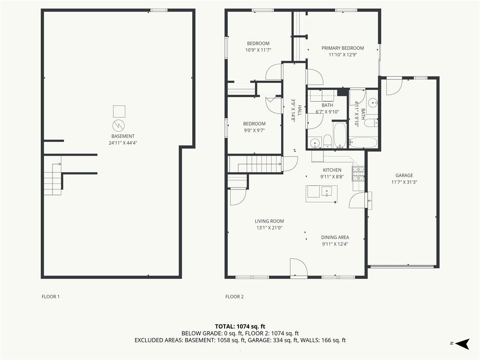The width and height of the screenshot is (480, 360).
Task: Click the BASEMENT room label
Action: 123,136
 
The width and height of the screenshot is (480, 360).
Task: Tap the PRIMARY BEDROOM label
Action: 343,48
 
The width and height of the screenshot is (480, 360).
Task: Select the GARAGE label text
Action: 404,175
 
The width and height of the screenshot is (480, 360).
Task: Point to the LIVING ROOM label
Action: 270,221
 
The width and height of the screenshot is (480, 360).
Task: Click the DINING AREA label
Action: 335,237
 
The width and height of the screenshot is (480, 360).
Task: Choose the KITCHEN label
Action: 332,170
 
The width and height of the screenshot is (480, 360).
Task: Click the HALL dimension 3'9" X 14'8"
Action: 293,111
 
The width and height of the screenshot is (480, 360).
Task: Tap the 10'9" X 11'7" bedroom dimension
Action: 258,50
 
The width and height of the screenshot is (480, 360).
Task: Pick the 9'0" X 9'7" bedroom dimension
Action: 254,130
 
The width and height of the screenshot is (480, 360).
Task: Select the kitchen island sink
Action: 327,192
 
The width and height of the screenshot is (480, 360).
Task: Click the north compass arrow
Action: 463,344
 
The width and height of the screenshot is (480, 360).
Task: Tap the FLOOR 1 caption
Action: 51,297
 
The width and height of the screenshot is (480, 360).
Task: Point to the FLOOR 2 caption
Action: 234,297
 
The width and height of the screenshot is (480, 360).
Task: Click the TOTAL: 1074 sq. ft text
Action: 240,326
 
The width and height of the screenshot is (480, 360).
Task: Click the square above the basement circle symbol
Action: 119,112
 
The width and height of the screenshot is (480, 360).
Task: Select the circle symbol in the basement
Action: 119,125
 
